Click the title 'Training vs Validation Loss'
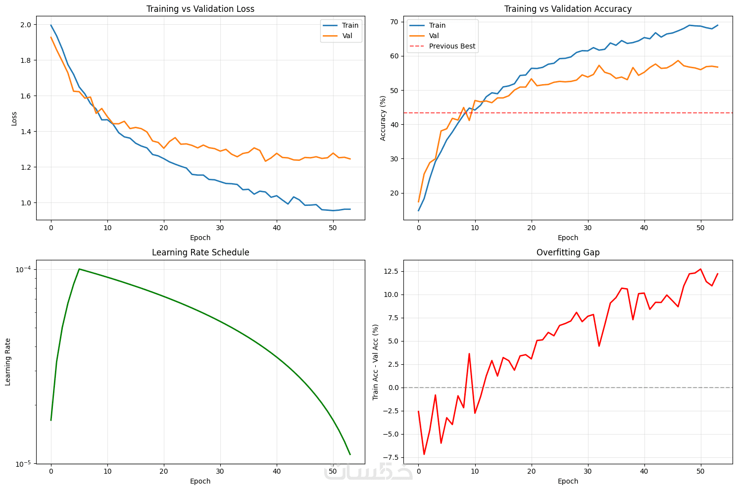pyautogui.click(x=200, y=9)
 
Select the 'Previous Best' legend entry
pyautogui.click(x=452, y=46)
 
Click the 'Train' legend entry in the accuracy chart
pyautogui.click(x=437, y=25)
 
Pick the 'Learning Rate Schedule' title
pyautogui.click(x=200, y=252)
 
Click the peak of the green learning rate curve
pyautogui.click(x=79, y=269)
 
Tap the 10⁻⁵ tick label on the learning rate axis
pyautogui.click(x=23, y=464)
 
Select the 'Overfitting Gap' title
pyautogui.click(x=568, y=252)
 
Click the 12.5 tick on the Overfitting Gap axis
pyautogui.click(x=392, y=271)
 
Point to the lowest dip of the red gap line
pyautogui.click(x=424, y=454)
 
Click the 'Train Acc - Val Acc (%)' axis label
pyautogui.click(x=376, y=362)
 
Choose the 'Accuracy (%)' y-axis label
pyautogui.click(x=383, y=118)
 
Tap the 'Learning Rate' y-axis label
pyautogui.click(x=8, y=362)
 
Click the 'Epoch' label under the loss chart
pyautogui.click(x=200, y=237)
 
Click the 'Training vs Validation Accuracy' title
pyautogui.click(x=568, y=9)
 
